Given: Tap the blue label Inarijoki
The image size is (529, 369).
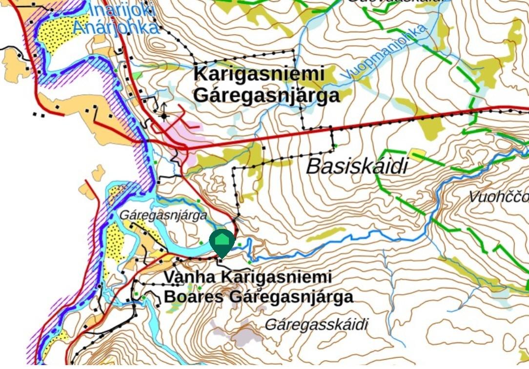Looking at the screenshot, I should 122,10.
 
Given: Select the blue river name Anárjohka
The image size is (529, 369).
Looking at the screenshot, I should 116,27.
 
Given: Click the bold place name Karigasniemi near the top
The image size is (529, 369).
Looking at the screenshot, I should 259,75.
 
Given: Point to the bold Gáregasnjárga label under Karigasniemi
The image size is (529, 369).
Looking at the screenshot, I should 266,95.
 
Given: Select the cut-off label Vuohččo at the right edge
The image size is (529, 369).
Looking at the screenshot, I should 498,197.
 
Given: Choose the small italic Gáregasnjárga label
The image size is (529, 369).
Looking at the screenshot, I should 163,215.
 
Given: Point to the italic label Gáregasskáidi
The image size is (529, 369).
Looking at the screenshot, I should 316,325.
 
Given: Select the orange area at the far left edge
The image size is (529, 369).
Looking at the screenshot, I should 15,63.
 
